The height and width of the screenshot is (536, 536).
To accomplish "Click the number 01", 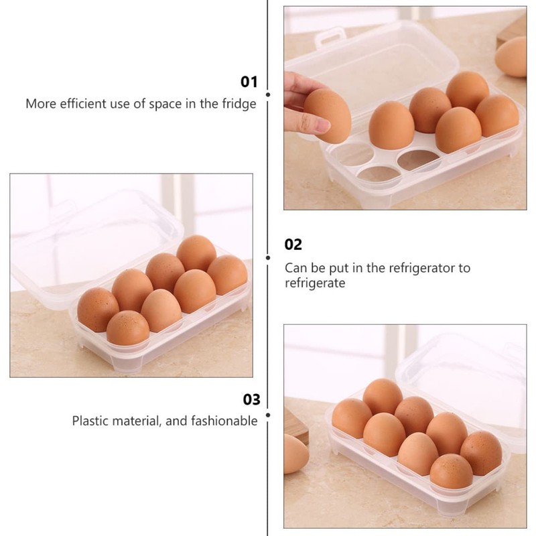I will [x=249, y=82].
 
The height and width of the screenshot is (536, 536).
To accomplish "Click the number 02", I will [x=293, y=245].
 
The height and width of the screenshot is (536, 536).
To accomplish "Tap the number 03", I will [x=251, y=400].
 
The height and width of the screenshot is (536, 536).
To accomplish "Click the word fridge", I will [x=240, y=104].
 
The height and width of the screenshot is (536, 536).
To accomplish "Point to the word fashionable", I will [x=224, y=421].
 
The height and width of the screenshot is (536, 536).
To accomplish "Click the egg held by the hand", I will [x=328, y=115].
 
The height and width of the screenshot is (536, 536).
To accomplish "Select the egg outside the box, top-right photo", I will [x=512, y=57].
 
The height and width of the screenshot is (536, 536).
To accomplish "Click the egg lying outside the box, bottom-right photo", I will [x=294, y=453].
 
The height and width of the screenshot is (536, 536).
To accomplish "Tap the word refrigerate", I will [x=315, y=283].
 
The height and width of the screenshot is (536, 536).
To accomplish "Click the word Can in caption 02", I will [x=295, y=268].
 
